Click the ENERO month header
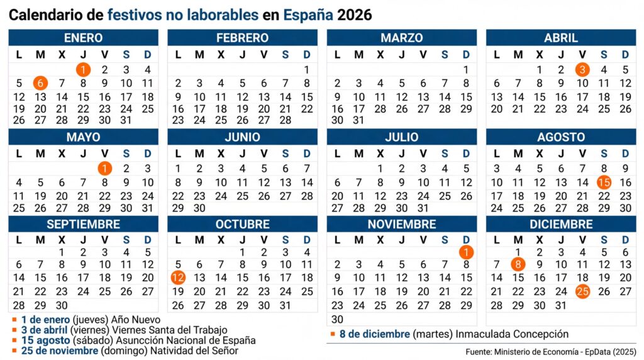coord(83,38)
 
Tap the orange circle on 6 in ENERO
coord(40,83)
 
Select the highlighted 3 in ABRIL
coord(582,70)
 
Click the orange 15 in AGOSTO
coord(604,183)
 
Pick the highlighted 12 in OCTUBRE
coord(178,278)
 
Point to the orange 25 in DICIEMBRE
coord(582,291)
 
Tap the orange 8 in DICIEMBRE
coord(518,264)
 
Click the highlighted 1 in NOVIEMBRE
coord(466,252)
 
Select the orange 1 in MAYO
coord(104,169)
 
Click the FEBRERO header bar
coord(242,38)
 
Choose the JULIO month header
coord(402,137)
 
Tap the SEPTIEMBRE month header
coord(83,224)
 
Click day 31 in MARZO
coord(358,120)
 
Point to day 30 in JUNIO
coord(199,208)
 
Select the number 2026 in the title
coord(355,14)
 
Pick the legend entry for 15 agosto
coord(126,340)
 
